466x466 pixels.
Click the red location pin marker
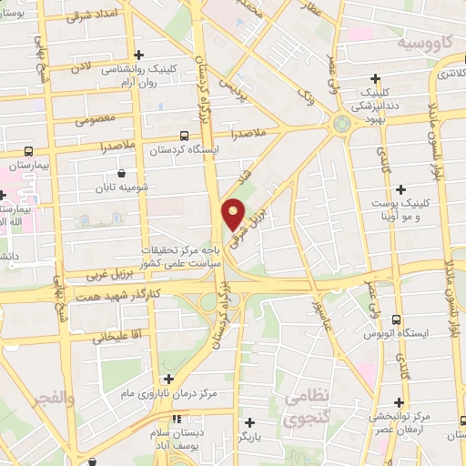[234, 214]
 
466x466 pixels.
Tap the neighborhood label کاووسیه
[424, 43]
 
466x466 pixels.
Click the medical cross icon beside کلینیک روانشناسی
[138, 56]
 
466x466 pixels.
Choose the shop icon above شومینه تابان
[121, 173]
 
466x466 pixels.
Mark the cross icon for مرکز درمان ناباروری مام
[167, 379]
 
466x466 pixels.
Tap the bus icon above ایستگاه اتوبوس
[397, 319]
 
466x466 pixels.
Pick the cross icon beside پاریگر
[250, 421]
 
